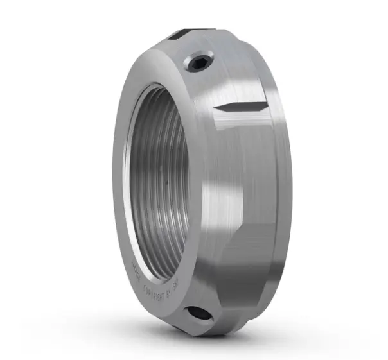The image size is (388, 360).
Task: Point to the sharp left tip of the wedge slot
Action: pos(216,107)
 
